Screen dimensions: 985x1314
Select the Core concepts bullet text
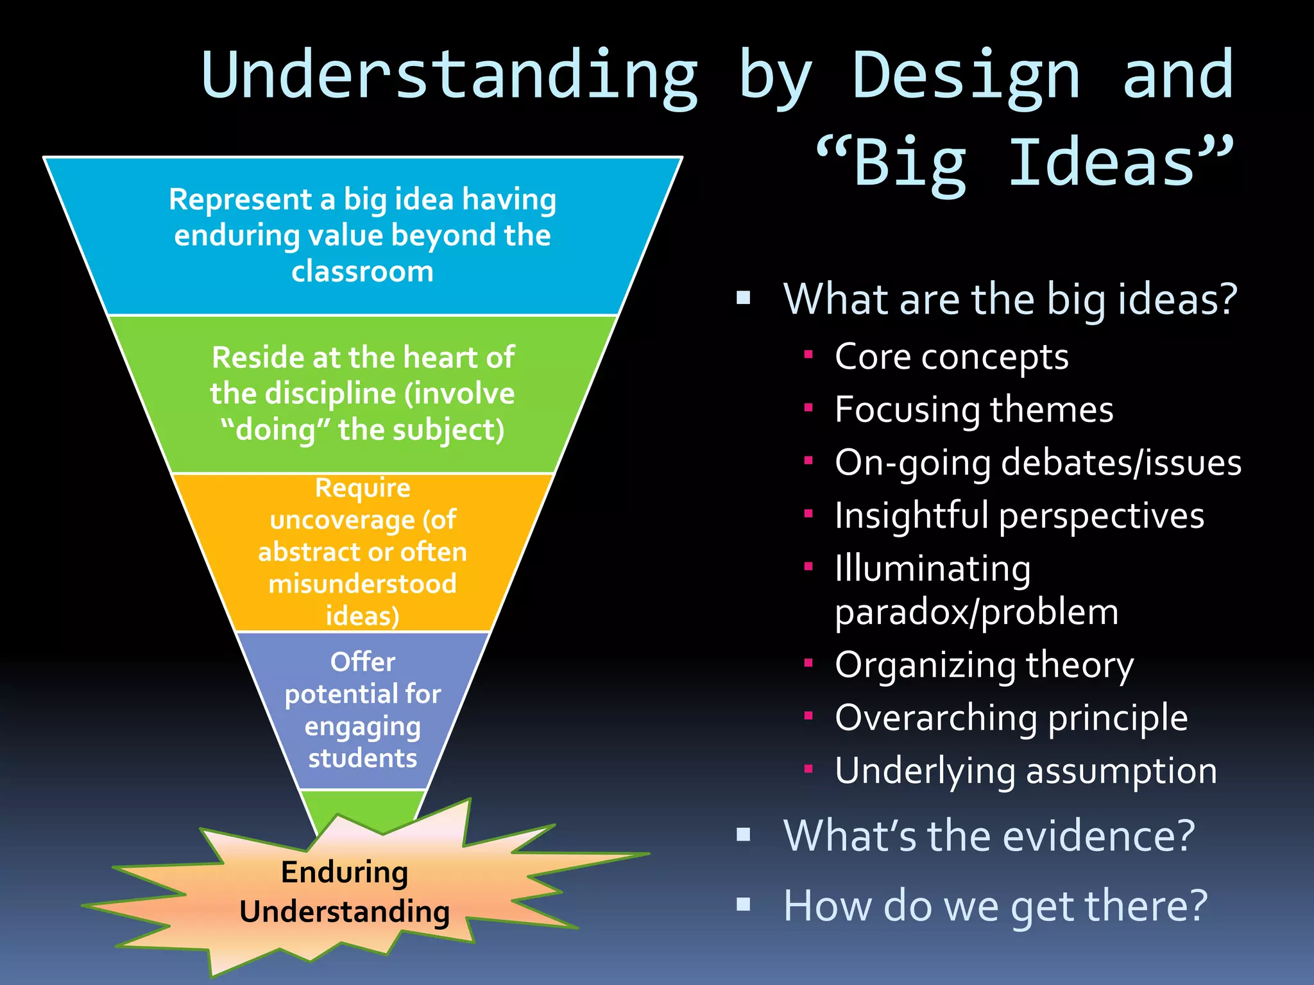[951, 357]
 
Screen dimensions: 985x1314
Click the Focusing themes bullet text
[973, 409]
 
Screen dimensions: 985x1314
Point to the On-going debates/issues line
[1037, 462]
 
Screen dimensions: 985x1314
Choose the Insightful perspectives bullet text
[1019, 516]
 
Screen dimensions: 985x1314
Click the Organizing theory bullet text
[984, 665]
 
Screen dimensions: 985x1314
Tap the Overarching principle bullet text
[1011, 718]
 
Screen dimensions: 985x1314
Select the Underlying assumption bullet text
[1025, 771]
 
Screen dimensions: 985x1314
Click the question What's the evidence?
[989, 836]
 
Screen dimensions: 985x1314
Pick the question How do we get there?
[995, 906]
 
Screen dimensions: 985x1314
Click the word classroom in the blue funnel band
[363, 271]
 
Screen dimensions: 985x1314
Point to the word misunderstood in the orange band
[363, 584]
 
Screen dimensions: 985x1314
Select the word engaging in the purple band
[363, 727]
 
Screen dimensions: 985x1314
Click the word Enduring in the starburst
[345, 872]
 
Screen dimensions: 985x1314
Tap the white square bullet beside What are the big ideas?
[744, 298]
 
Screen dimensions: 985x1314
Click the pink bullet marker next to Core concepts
[808, 354]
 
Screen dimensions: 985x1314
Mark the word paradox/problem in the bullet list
[976, 612]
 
